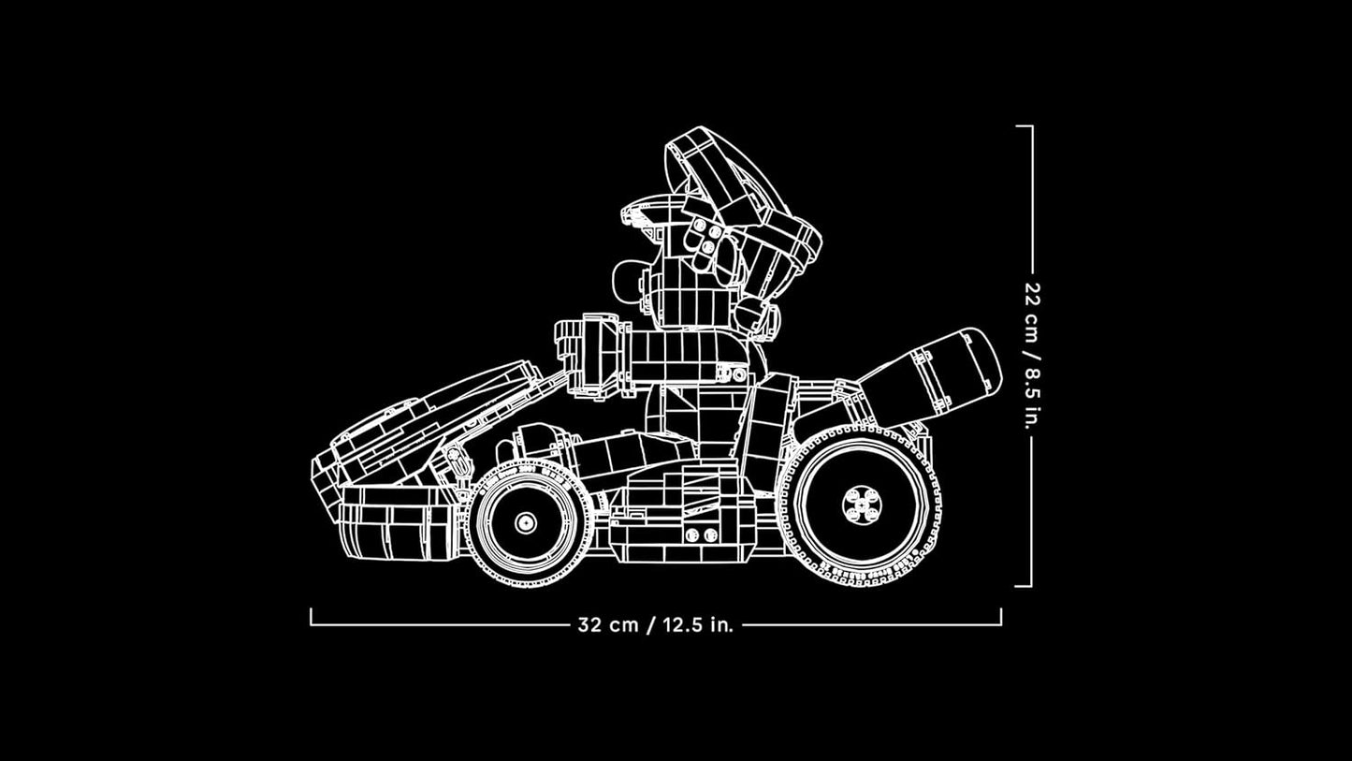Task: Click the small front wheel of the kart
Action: click(x=524, y=521)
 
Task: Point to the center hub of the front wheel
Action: click(x=524, y=522)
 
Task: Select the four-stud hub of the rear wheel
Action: click(x=860, y=505)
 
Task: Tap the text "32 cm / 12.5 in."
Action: click(x=656, y=625)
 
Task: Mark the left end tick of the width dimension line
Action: click(x=312, y=617)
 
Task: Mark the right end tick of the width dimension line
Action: click(x=1000, y=617)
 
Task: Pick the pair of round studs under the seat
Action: click(x=693, y=534)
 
